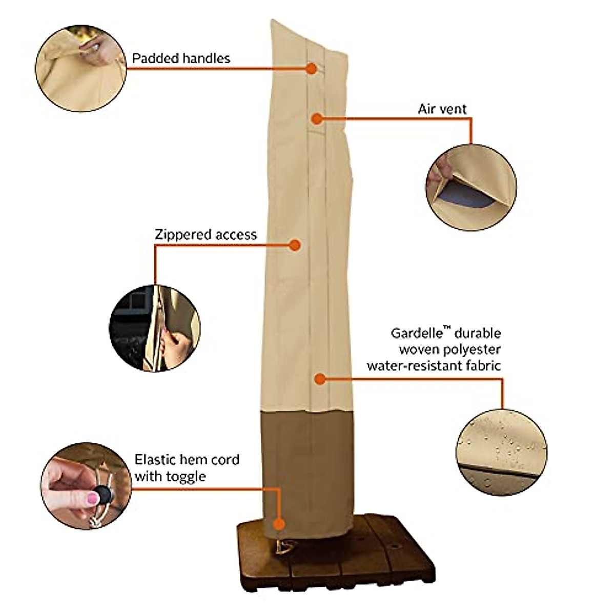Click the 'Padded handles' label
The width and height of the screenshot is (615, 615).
[x=181, y=58]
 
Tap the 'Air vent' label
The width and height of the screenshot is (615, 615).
[x=442, y=109]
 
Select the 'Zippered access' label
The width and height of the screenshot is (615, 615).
[x=206, y=235]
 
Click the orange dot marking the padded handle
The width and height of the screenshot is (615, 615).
[x=312, y=68]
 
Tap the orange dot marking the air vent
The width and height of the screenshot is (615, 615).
[x=317, y=119]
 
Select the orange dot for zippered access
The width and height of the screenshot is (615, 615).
[x=295, y=245]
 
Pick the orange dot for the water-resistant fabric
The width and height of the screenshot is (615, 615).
[x=320, y=379]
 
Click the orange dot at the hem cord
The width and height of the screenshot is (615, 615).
[x=279, y=524]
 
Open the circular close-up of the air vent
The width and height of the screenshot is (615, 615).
[x=471, y=187]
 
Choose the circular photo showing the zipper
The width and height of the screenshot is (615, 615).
[x=154, y=328]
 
